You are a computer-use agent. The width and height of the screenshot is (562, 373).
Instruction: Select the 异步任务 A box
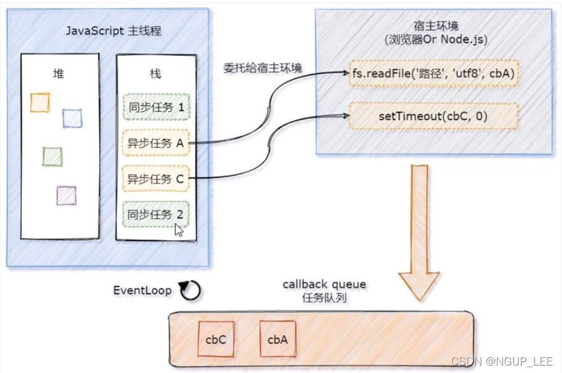156,143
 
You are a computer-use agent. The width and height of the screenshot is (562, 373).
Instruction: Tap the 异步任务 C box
156,179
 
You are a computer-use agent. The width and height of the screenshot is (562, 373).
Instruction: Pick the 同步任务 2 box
156,214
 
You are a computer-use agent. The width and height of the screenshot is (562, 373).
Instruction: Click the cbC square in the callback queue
216,339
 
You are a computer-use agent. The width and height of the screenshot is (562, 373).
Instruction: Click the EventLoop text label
142,290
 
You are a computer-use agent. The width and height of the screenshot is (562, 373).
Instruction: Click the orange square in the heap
40,102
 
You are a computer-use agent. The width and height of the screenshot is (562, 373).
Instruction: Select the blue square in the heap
72,118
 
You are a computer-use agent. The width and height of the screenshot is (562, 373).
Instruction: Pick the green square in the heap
52,156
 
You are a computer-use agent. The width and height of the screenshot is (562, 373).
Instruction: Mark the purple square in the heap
66,195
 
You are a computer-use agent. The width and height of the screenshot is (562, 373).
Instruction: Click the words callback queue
324,284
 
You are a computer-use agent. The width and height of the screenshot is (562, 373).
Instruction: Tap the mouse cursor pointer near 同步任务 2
178,230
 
